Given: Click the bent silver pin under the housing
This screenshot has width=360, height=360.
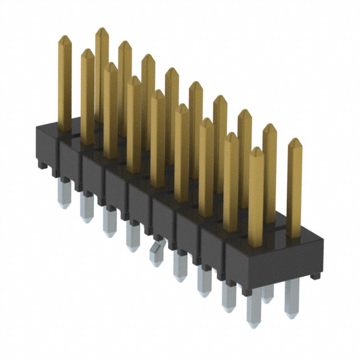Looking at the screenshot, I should pyautogui.click(x=154, y=252).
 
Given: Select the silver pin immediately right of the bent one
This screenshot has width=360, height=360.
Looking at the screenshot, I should pyautogui.click(x=180, y=266).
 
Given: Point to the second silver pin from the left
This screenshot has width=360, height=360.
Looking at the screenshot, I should pyautogui.click(x=86, y=206).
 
